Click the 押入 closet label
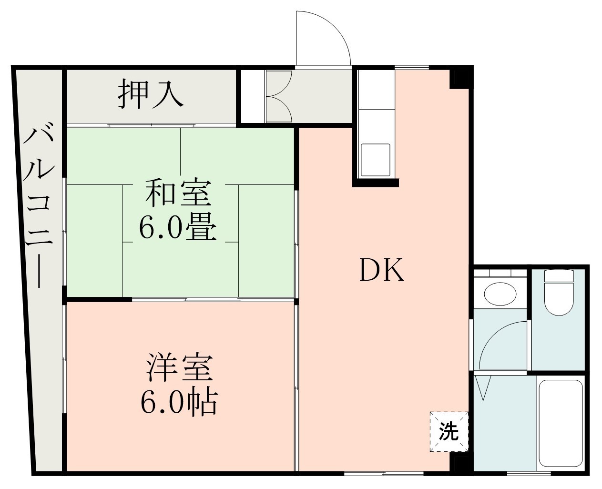151,94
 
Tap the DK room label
381,271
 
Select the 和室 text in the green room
177,192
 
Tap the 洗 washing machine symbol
449,432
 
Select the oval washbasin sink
500,293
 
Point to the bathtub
561,423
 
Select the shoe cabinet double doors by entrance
278,96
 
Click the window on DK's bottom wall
384,473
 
